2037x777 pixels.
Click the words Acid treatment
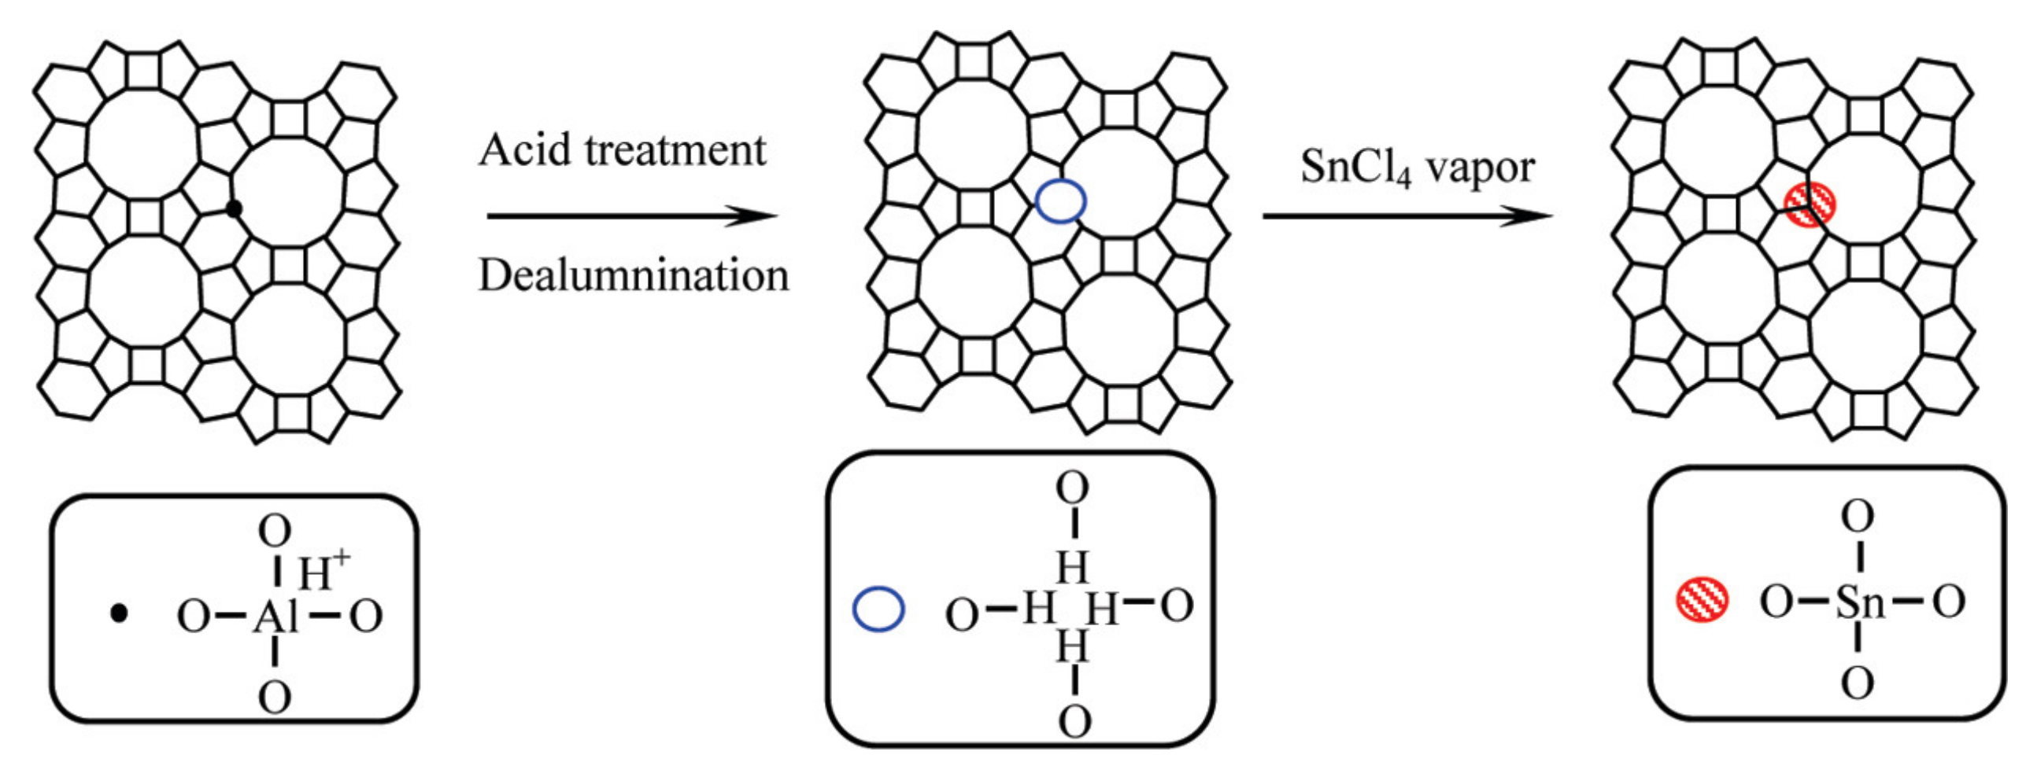click(x=623, y=150)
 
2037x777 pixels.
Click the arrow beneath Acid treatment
click(x=632, y=215)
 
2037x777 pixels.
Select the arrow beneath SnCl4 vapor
click(x=1407, y=215)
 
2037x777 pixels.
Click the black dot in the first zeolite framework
click(x=233, y=208)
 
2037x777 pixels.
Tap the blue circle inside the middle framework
click(x=1061, y=201)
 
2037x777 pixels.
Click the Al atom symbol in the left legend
click(x=275, y=617)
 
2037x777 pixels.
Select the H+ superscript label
click(x=323, y=571)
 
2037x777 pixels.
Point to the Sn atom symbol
click(x=1860, y=604)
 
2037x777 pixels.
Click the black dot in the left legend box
click(x=119, y=613)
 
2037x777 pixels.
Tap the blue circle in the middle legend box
click(x=878, y=609)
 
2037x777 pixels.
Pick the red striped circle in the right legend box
click(x=1702, y=600)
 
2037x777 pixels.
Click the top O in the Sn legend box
click(x=1858, y=518)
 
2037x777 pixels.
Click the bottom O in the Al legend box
click(x=275, y=698)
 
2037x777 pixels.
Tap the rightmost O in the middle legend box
click(x=1177, y=607)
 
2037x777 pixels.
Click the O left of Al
click(x=193, y=617)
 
